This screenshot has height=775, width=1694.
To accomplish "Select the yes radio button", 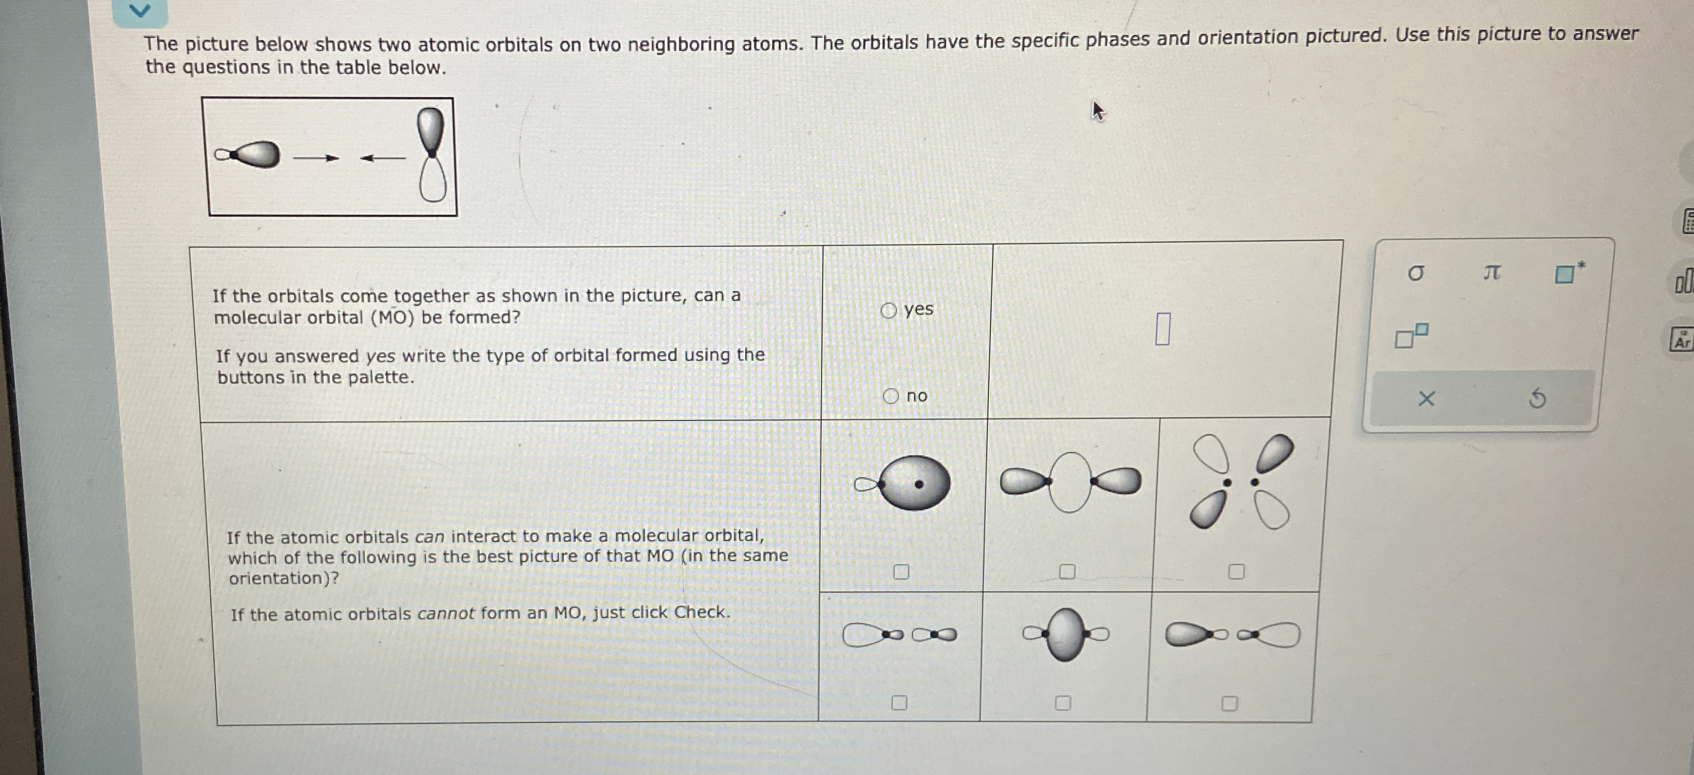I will pos(889,310).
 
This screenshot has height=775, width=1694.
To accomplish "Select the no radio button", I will pos(890,396).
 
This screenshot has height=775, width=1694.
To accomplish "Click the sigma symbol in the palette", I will pos(1415,273).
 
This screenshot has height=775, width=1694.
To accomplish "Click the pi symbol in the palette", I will pos(1492,271).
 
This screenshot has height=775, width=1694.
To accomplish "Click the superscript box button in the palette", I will pos(1410,336).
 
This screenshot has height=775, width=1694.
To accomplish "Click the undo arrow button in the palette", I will pos(1537,398).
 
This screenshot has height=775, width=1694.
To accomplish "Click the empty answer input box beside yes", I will pos(1162,329).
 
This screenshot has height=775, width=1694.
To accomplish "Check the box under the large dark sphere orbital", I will pos(901,572).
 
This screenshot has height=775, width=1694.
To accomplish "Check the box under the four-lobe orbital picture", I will pos(1237,571).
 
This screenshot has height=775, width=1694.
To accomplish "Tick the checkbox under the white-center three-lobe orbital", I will pos(1067,572).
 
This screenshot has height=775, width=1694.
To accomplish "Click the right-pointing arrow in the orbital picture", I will pos(316,158).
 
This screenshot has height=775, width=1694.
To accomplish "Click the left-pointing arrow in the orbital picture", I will pos(383,158).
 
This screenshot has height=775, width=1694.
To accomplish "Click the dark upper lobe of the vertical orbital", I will pos(431,128).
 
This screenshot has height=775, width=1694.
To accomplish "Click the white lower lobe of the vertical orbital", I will pos(433,181).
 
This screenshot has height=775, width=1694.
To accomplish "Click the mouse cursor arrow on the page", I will pos(1097,111).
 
